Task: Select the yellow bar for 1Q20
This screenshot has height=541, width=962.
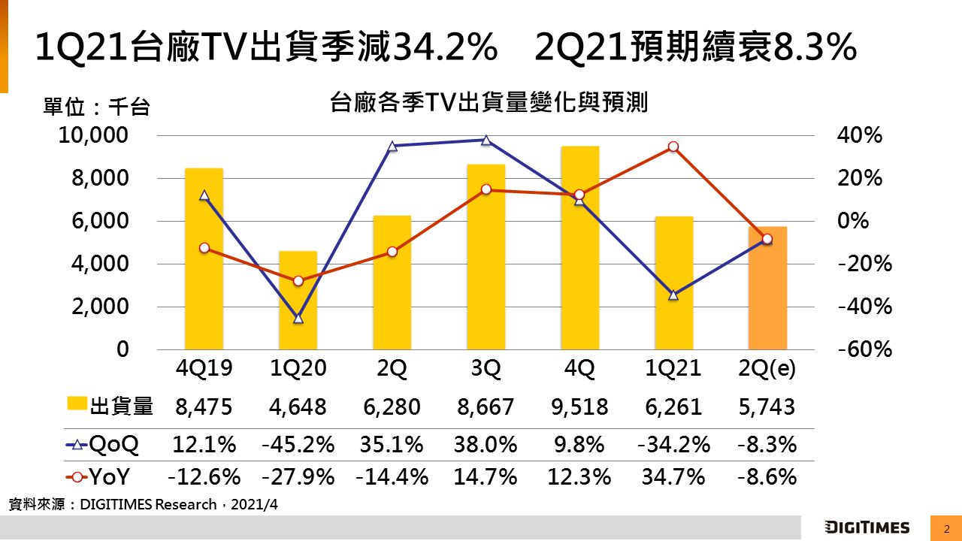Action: (298, 301)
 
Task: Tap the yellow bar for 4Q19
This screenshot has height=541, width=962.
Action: (204, 259)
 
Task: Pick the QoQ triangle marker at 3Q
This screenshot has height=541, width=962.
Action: (486, 140)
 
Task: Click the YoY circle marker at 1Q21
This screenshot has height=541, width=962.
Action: (673, 147)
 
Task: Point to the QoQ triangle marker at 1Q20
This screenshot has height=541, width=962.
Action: (298, 319)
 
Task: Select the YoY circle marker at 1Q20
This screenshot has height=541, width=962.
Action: (298, 281)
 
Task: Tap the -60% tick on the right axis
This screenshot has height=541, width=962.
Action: (864, 350)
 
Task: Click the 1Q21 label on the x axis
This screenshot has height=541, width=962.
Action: (673, 369)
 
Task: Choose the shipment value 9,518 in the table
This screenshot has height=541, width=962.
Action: (579, 407)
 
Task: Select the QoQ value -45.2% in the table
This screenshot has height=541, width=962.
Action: (298, 444)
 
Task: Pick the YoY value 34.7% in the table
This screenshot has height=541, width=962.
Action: (673, 476)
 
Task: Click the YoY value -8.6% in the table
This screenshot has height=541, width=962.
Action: (767, 476)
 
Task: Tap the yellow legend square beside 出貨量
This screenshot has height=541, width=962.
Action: (77, 406)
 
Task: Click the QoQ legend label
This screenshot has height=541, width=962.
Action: (114, 444)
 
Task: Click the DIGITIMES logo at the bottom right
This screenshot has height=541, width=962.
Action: (867, 527)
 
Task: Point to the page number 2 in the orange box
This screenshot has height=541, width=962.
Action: (946, 528)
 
